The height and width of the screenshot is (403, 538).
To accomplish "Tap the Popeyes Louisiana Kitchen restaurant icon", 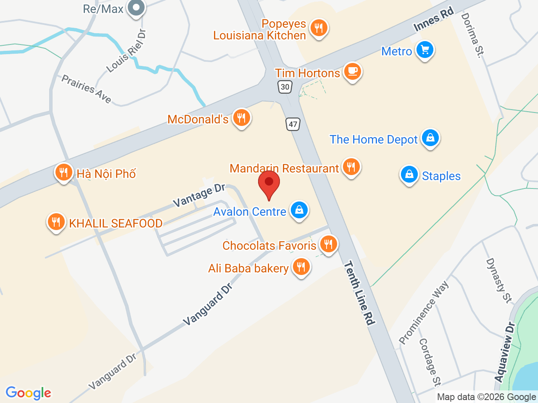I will click(x=319, y=28).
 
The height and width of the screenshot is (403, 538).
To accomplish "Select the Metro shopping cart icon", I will click(x=425, y=50).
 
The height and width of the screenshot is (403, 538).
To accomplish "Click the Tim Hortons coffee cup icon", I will click(x=352, y=72).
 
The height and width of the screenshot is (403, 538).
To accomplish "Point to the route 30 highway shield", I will click(x=285, y=87).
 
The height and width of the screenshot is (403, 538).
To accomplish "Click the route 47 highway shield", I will click(x=293, y=124).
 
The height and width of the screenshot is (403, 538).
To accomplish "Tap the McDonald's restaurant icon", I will click(x=241, y=118).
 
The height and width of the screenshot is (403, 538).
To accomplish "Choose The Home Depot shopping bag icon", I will click(x=430, y=138).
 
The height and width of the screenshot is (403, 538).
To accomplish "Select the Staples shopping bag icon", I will click(x=409, y=174).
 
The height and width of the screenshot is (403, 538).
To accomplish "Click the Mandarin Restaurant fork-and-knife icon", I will click(x=351, y=167).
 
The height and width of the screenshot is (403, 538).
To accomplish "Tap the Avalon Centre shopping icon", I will click(x=299, y=210).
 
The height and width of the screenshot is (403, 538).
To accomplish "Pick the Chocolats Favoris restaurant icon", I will click(x=328, y=244).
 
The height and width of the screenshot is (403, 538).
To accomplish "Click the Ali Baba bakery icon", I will click(x=301, y=267).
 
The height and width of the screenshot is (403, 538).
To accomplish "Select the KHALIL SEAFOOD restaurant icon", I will click(x=56, y=222).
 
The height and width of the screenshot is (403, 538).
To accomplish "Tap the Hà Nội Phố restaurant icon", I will click(x=63, y=172).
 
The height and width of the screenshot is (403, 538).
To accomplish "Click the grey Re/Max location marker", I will click(x=136, y=8).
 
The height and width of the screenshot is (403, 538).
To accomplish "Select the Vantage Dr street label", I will click(x=199, y=195).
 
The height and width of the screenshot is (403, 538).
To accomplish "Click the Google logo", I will click(x=28, y=393).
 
